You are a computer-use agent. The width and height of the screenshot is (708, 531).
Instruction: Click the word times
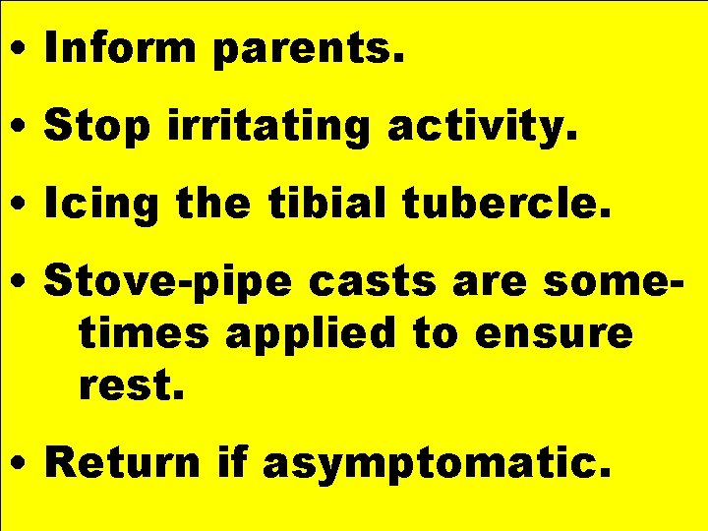click(145, 333)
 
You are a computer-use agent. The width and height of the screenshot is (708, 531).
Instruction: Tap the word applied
click(312, 335)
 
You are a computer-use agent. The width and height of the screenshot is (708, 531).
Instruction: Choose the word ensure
click(553, 335)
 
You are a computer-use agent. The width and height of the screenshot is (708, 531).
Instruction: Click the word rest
click(130, 386)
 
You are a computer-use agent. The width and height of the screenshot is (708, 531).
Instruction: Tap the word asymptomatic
click(442, 463)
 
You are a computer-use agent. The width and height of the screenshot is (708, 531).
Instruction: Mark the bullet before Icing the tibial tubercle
click(21, 206)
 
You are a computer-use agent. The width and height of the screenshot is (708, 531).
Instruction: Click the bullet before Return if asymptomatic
click(21, 463)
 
